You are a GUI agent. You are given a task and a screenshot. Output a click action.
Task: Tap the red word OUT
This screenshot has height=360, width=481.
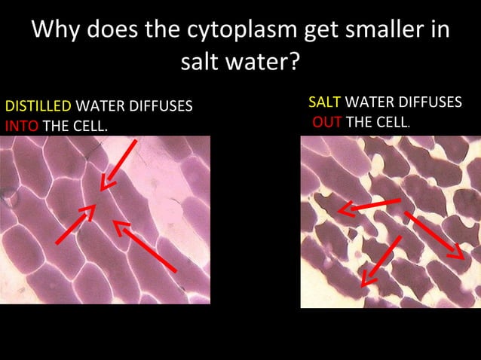click(x=327, y=122)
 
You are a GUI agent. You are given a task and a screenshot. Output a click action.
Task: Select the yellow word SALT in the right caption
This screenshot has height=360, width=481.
click(x=325, y=102)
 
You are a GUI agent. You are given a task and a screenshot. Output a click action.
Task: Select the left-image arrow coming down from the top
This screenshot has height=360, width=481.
click(x=120, y=163)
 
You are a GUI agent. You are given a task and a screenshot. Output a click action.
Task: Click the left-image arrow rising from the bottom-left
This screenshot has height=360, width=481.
click(x=75, y=224)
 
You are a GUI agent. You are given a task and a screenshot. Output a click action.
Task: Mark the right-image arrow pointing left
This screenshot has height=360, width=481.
click(x=369, y=206)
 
